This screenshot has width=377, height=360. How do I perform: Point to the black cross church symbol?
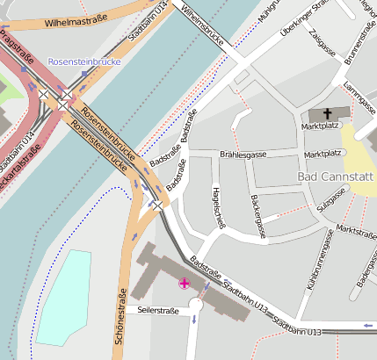[x=328, y=113]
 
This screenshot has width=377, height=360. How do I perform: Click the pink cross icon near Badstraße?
[x=184, y=283]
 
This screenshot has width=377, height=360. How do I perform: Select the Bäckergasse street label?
[x=257, y=215]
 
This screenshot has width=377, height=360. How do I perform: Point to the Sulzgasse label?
[x=329, y=204]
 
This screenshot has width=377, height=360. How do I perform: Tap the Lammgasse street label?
[x=356, y=98]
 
